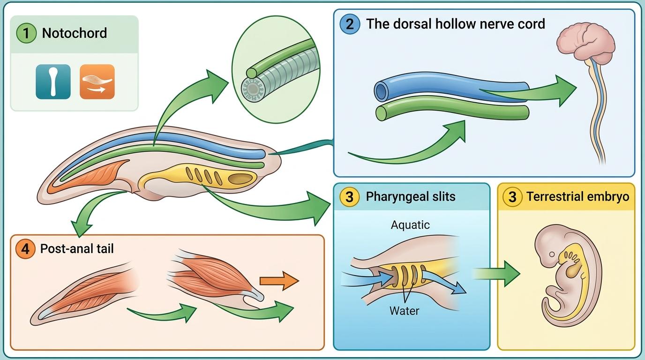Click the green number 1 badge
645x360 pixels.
(26, 33)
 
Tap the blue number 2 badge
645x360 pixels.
(350, 23)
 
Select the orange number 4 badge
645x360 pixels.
(25, 248)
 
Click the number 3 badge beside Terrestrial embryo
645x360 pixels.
(512, 197)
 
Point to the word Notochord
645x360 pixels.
(75, 33)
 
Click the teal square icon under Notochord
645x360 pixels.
(53, 82)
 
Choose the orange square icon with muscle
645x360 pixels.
(97, 82)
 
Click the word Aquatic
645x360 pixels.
(410, 225)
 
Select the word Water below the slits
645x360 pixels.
(404, 310)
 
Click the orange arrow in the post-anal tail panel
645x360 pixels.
(279, 281)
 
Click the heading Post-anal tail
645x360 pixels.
(77, 248)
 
